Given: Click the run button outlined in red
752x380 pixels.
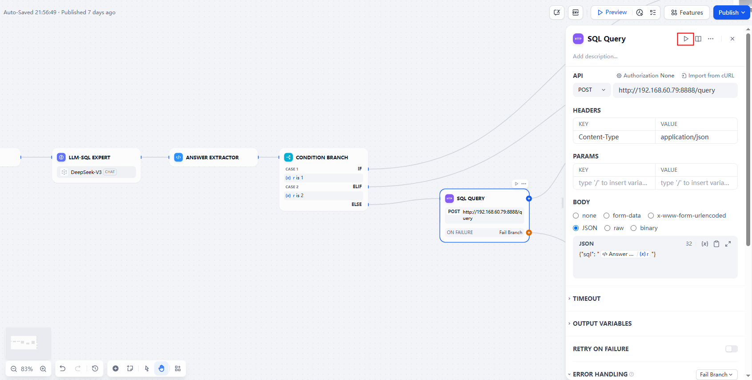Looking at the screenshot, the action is click(x=685, y=39).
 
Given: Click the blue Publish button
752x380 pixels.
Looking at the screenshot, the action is click(x=732, y=12).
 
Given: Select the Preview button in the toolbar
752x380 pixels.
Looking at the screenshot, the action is click(x=612, y=12).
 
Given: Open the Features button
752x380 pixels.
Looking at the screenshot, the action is click(x=687, y=12).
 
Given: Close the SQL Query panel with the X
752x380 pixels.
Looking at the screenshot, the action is click(x=732, y=39).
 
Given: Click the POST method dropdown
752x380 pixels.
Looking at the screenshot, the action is click(x=592, y=90).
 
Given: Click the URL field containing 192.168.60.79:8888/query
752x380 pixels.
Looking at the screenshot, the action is click(x=675, y=90).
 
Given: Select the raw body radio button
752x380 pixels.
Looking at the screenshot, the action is click(x=607, y=228).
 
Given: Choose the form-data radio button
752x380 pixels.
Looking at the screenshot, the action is click(x=606, y=216).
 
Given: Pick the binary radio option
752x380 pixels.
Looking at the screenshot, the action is click(x=633, y=228).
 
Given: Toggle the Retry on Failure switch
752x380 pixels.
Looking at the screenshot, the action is click(x=731, y=349).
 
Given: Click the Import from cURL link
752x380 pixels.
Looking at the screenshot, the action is click(x=708, y=76).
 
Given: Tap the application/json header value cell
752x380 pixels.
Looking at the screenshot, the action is click(x=696, y=137).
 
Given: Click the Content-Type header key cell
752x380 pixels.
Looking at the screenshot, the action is click(x=614, y=137).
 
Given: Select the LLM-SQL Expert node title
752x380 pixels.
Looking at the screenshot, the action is click(x=89, y=157).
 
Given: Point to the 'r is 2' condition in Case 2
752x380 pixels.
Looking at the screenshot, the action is click(x=298, y=195).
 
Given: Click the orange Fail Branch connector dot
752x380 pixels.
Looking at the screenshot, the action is click(x=529, y=233).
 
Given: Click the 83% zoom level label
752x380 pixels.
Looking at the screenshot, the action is click(x=27, y=369).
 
